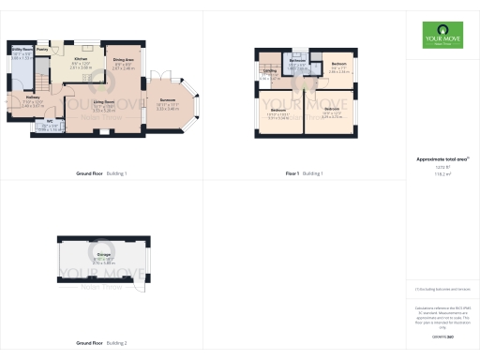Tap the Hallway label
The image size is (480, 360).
(x=32, y=97)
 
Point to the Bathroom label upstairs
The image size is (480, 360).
(x=297, y=61)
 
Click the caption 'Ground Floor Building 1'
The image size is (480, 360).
(x=101, y=173)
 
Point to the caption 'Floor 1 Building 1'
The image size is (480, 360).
(x=304, y=173)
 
